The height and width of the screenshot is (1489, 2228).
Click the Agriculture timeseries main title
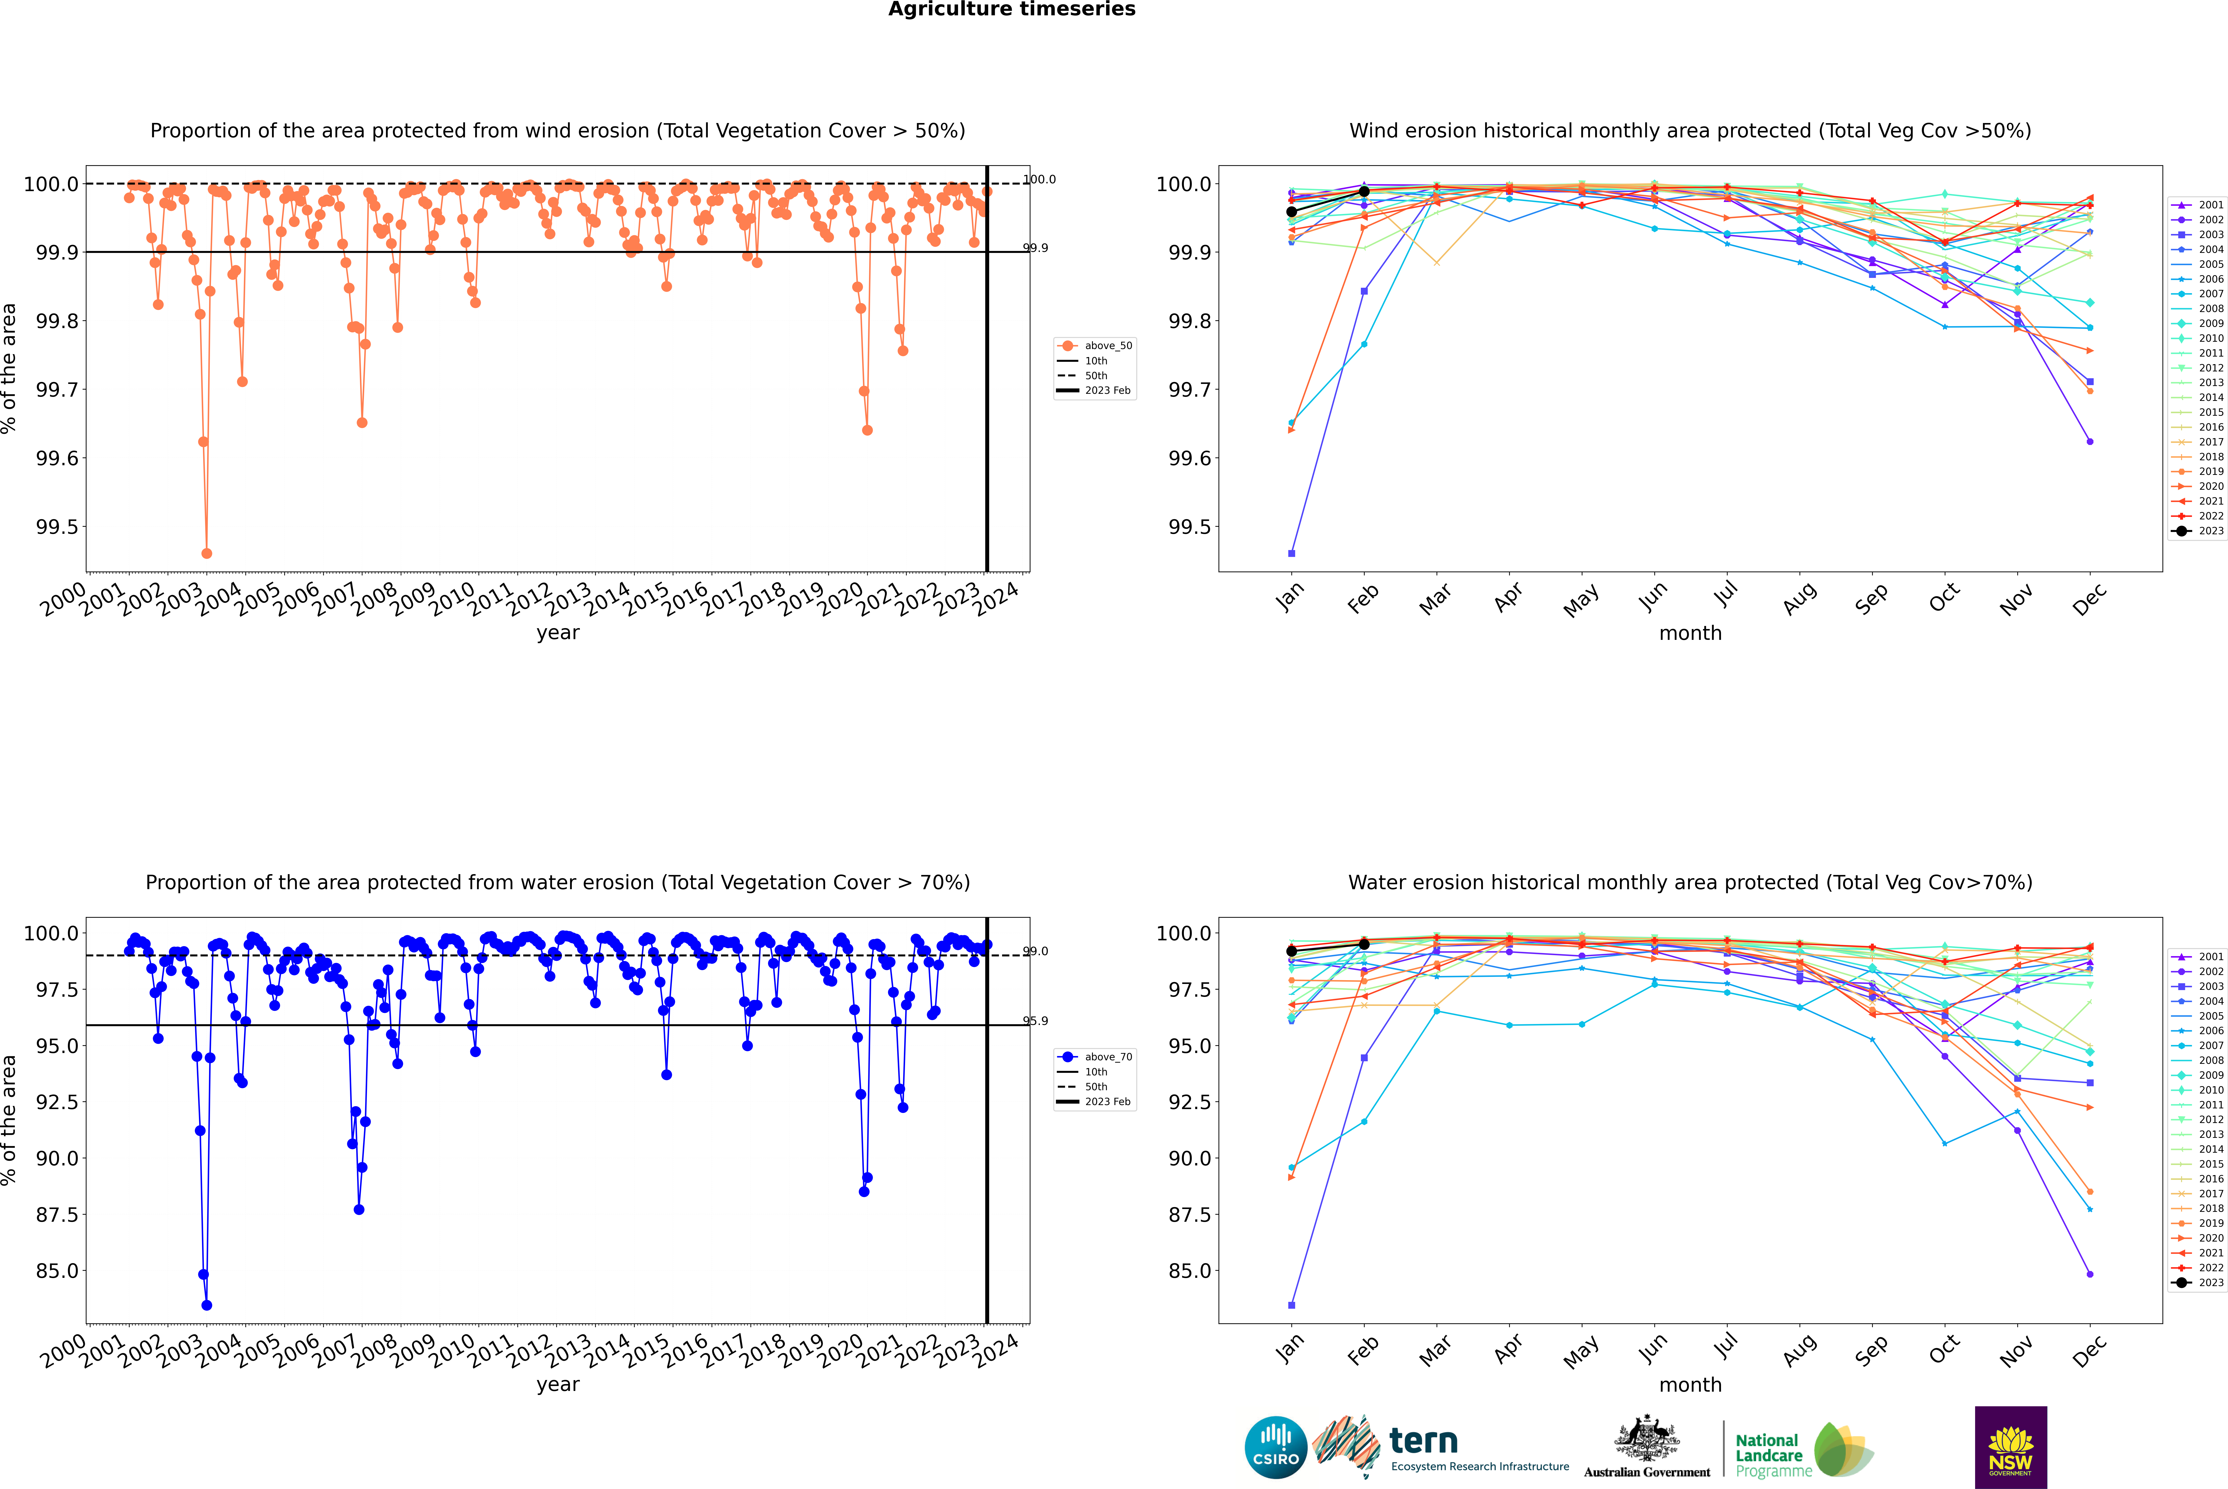point(1011,9)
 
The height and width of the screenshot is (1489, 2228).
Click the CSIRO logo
point(1276,1447)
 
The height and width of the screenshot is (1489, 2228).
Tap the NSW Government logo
point(2010,1447)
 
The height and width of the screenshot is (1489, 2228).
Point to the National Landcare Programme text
point(1768,1455)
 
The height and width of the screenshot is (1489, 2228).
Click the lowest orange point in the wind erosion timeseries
point(207,554)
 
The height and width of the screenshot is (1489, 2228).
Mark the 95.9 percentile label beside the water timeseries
point(1035,1021)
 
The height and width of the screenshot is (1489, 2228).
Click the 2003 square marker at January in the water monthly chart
point(1292,1305)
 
